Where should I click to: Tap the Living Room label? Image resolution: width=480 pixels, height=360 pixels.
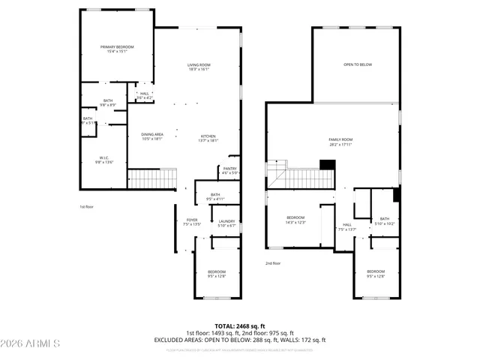coord(199,67)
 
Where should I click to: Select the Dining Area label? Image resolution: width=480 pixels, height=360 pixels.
coord(152,136)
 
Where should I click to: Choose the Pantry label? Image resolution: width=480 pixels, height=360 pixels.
coord(229,171)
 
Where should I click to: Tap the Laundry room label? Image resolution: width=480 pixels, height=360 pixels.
coord(226,223)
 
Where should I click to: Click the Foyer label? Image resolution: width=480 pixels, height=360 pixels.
coord(192,222)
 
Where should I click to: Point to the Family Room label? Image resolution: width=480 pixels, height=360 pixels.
coord(340,142)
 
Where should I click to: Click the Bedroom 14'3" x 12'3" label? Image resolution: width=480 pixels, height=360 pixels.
coord(295,219)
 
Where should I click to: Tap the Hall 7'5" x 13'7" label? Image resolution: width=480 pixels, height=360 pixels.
coord(347,226)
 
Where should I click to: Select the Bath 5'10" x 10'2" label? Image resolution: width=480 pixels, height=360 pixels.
coord(384,221)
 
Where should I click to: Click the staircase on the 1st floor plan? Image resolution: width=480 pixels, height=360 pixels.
coord(152,178)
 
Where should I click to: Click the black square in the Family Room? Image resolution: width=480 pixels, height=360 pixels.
coord(327,165)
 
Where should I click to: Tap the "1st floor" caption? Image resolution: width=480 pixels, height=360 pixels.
coord(88,206)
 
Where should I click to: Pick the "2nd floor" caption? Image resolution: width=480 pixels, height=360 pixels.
coord(273,263)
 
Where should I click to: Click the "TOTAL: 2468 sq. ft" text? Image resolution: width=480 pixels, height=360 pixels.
coord(240,326)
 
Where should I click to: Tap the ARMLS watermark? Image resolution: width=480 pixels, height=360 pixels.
coord(31,343)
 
